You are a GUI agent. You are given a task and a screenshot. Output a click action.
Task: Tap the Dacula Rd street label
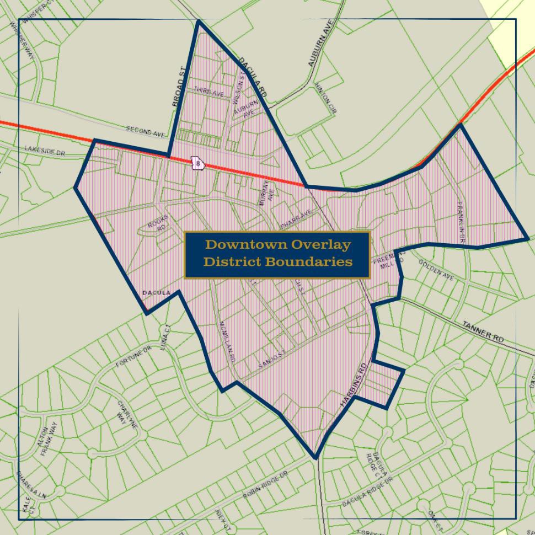(253, 77)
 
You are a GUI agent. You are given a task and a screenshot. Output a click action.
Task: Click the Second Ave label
(146, 132)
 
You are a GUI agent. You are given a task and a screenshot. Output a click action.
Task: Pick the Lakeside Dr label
(44, 151)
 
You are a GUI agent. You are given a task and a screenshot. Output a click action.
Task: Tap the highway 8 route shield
(197, 163)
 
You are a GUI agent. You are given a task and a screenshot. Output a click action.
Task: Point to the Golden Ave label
(436, 270)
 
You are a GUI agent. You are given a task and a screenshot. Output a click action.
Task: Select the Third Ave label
(208, 93)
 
